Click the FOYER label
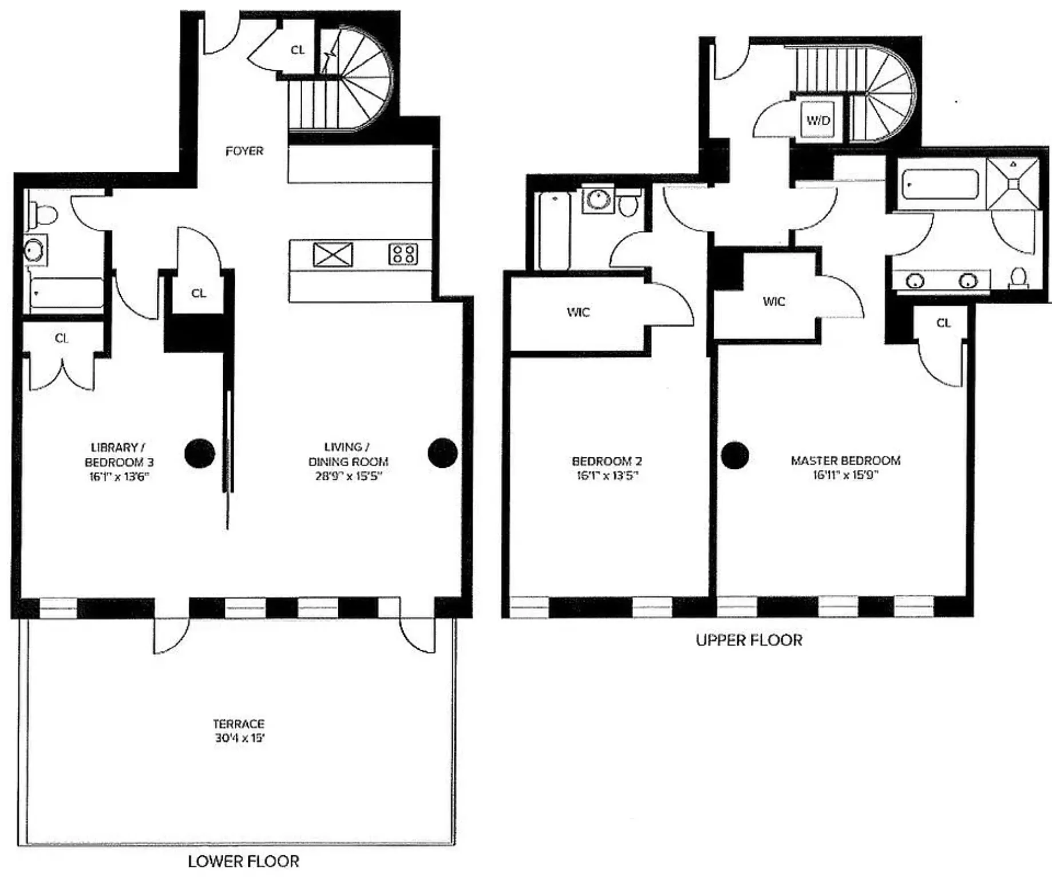click(244, 151)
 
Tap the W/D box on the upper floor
click(818, 120)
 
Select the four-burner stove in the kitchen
click(403, 254)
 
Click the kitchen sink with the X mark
click(333, 254)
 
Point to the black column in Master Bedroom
click(735, 455)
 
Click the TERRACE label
click(239, 724)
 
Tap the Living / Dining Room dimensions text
click(348, 476)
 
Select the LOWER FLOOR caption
click(243, 861)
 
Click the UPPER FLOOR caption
click(749, 640)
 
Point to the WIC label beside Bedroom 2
click(578, 312)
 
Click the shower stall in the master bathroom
click(1013, 183)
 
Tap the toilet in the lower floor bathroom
click(45, 215)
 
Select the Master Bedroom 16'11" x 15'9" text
click(845, 475)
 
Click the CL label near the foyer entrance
click(298, 50)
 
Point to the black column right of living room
click(442, 453)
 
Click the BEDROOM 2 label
click(607, 461)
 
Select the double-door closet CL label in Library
click(62, 338)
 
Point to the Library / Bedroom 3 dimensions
click(119, 476)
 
